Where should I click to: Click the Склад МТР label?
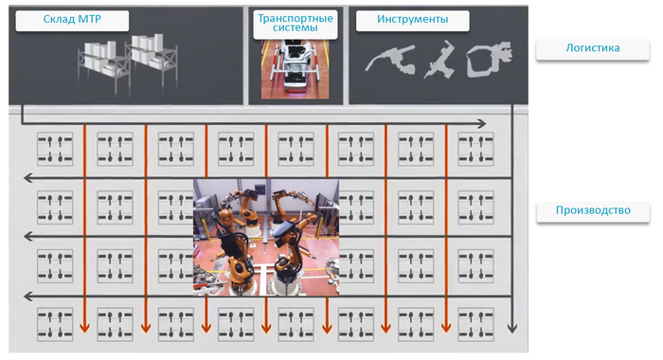point(72,19)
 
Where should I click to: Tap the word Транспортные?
point(296,18)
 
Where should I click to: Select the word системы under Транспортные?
point(296,27)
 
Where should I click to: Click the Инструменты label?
point(412,19)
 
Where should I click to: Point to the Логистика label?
point(593,47)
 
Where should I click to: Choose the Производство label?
point(593,210)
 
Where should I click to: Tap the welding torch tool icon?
point(390,60)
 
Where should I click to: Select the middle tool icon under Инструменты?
point(439,60)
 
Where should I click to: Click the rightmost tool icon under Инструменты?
point(490,59)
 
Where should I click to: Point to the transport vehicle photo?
point(296,69)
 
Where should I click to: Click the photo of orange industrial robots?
point(266,237)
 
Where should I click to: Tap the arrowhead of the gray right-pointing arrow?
point(481,123)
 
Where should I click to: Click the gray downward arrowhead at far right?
point(512,328)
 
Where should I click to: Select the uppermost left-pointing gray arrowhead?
point(28,178)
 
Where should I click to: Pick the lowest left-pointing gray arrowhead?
point(28,297)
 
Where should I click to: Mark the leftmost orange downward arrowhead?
point(85,328)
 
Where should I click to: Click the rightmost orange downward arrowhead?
point(446,328)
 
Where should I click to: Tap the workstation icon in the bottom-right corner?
point(475,324)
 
